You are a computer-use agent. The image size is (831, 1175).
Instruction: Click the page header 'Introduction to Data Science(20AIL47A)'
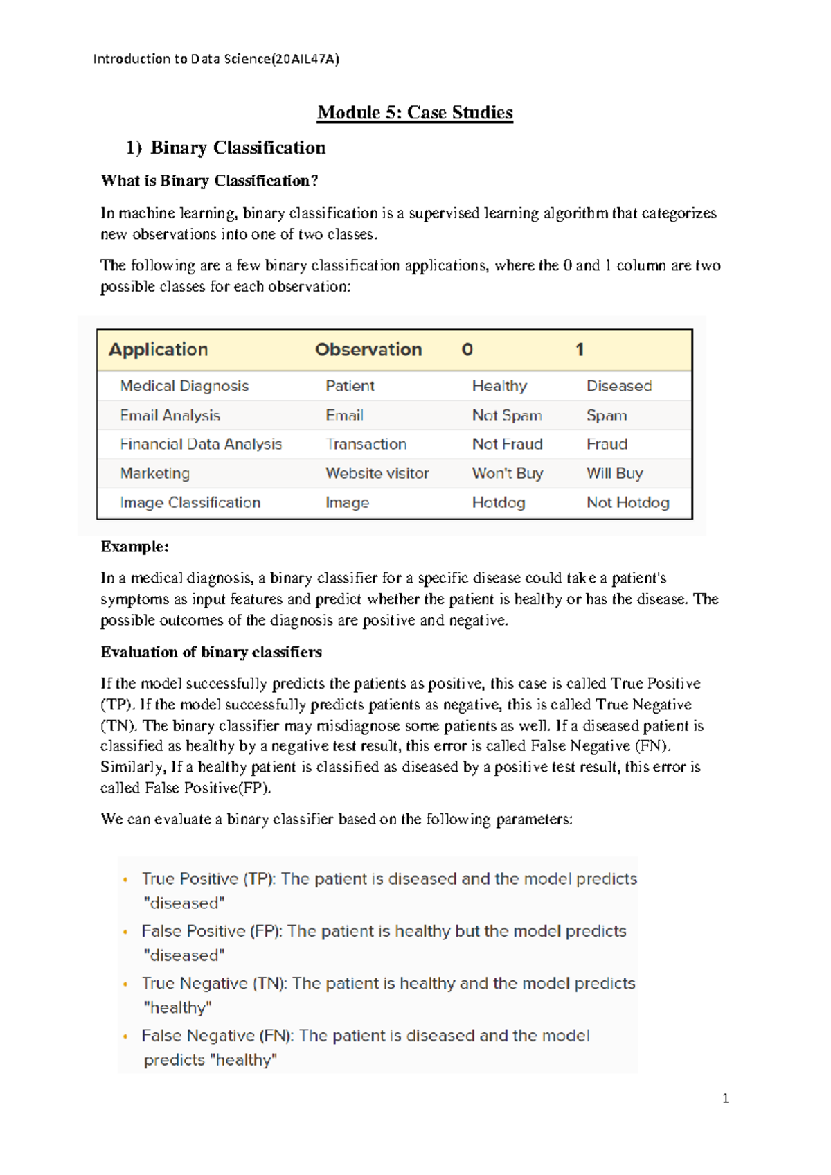click(216, 59)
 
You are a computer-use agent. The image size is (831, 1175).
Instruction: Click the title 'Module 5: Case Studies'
click(415, 112)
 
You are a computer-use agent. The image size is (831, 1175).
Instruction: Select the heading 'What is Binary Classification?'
click(209, 181)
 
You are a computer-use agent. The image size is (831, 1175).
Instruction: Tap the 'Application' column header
click(158, 349)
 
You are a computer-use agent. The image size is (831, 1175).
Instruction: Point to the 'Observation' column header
click(368, 349)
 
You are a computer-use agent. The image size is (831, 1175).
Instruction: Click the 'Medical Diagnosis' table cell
click(184, 386)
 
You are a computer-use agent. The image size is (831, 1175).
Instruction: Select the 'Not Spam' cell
click(507, 415)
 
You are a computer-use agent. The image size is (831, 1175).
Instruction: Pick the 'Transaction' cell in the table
click(366, 444)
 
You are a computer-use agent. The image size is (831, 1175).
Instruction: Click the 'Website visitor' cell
click(377, 473)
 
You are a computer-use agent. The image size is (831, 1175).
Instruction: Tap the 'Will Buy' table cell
click(615, 473)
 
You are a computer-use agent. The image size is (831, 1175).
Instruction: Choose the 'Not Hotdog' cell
click(628, 502)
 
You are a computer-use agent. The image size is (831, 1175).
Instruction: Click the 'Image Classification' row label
click(190, 502)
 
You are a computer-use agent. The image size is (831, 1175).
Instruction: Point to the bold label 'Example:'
click(134, 547)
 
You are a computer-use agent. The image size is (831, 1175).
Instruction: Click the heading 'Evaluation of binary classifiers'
click(211, 652)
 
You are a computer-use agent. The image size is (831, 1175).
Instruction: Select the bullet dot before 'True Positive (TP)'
click(125, 880)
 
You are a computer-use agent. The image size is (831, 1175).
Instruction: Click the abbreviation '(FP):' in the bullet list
click(266, 931)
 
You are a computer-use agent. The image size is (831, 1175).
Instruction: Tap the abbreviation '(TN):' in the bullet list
click(269, 983)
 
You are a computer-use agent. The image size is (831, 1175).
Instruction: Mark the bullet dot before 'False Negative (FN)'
click(125, 1036)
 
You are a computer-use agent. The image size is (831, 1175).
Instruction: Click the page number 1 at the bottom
click(725, 1098)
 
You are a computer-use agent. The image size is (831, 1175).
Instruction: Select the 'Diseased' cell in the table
click(619, 386)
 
